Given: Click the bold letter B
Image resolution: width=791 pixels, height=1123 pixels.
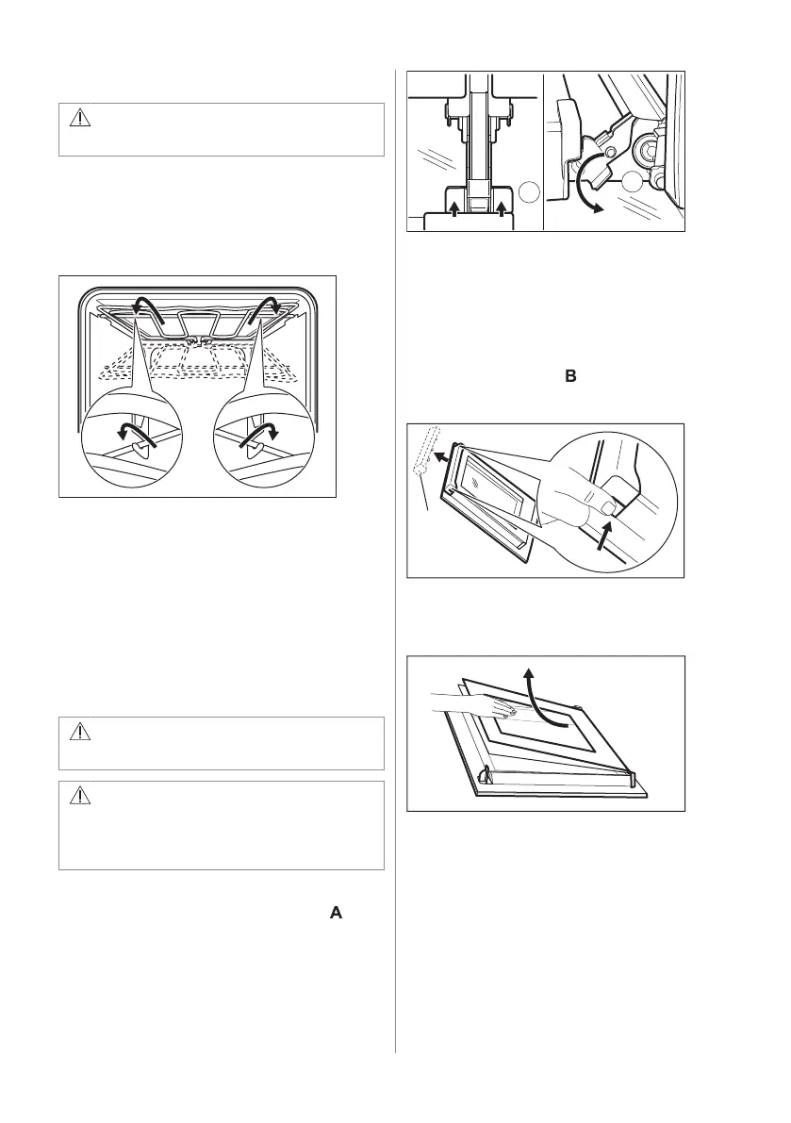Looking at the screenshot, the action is [x=569, y=376].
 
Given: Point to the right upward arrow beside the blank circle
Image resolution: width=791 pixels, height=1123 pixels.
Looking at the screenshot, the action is [x=501, y=208].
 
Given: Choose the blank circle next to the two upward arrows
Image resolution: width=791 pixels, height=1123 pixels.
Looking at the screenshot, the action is [x=529, y=193].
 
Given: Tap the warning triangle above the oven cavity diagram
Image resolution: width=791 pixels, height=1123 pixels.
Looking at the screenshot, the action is [x=79, y=118].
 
